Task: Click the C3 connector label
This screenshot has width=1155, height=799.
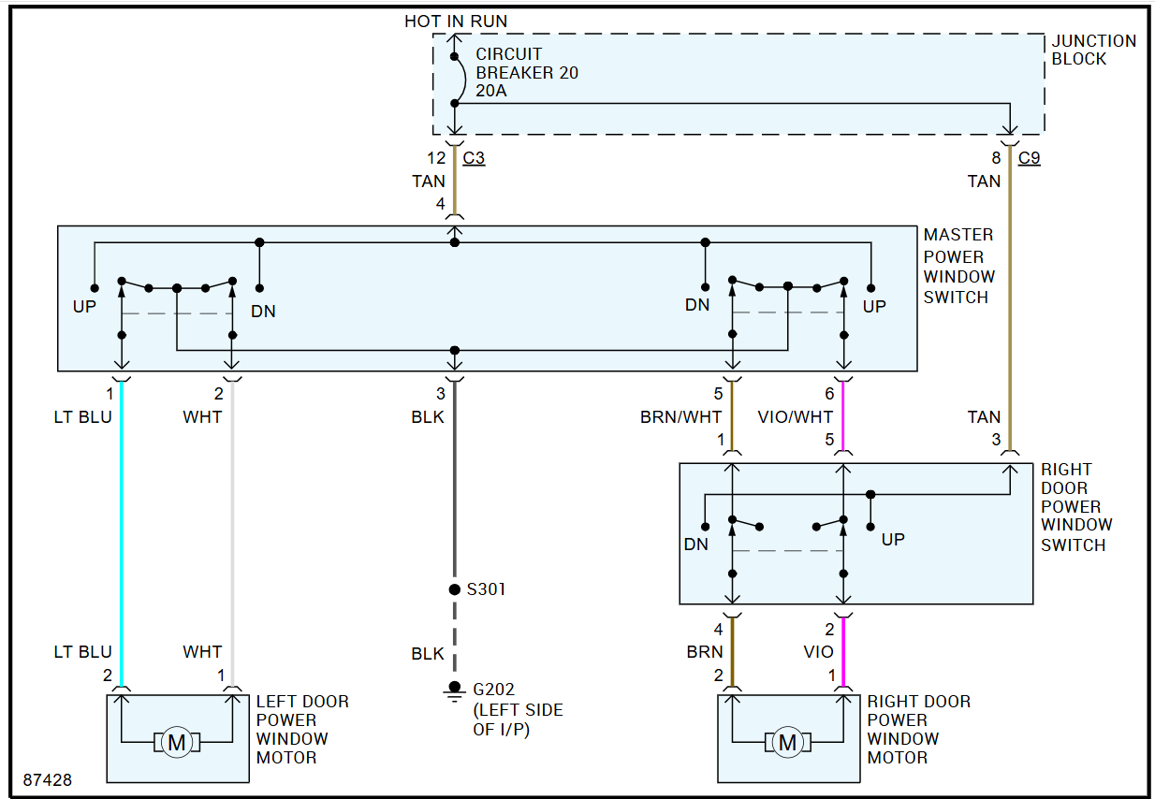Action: click(475, 158)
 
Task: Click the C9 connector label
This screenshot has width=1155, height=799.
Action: click(1029, 158)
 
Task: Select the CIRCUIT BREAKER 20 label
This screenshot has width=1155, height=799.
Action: click(526, 73)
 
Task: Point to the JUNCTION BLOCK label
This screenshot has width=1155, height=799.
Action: click(1093, 50)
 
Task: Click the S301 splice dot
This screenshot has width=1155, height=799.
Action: click(455, 589)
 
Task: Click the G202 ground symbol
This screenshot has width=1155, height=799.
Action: click(455, 690)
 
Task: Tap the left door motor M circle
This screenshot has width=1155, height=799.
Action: click(176, 743)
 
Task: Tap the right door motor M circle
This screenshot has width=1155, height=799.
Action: click(787, 743)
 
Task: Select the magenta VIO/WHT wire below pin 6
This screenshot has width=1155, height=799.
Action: click(843, 416)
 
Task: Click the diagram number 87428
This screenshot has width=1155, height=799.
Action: click(48, 778)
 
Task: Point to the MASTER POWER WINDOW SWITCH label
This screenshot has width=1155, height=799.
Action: click(958, 266)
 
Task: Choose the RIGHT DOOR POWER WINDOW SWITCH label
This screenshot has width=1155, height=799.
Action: click(1076, 507)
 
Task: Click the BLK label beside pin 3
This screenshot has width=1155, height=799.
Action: click(428, 417)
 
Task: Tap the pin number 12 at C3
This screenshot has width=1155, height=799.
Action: click(435, 158)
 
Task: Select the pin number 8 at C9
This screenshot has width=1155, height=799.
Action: click(997, 158)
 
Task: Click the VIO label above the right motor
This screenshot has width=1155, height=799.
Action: click(817, 652)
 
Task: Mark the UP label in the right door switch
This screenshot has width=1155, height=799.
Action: click(893, 540)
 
